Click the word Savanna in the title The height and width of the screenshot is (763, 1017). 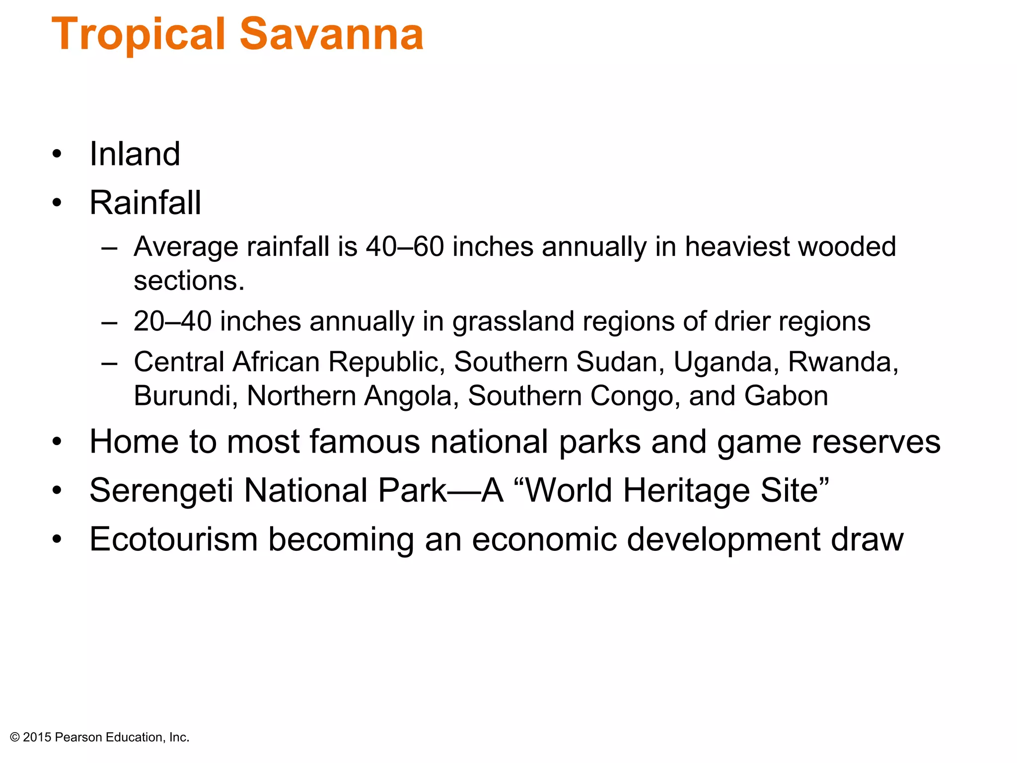pyautogui.click(x=332, y=35)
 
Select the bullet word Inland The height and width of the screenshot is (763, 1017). pyautogui.click(x=135, y=154)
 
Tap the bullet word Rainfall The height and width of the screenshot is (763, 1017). pyautogui.click(x=145, y=203)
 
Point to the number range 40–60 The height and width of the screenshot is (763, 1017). pyautogui.click(x=405, y=247)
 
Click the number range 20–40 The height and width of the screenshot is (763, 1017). pyautogui.click(x=172, y=321)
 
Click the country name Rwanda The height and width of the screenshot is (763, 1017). pyautogui.click(x=842, y=362)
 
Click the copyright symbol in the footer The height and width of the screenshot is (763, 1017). pyautogui.click(x=15, y=738)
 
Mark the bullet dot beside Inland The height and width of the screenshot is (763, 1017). pyautogui.click(x=57, y=154)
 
